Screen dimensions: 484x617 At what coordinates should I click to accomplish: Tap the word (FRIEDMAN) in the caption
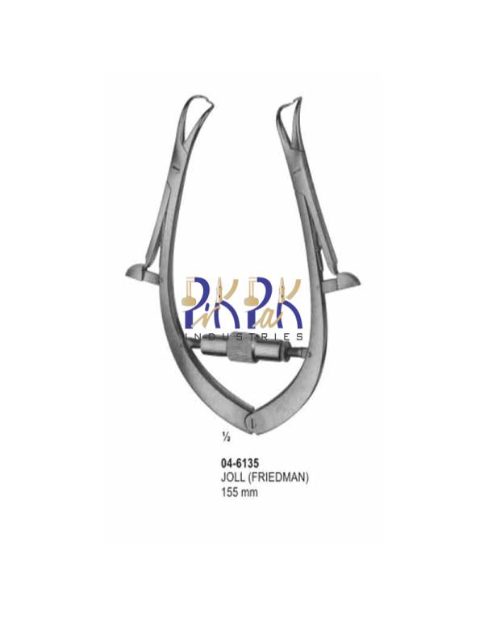point(277,477)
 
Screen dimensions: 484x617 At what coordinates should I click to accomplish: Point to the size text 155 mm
point(240,492)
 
